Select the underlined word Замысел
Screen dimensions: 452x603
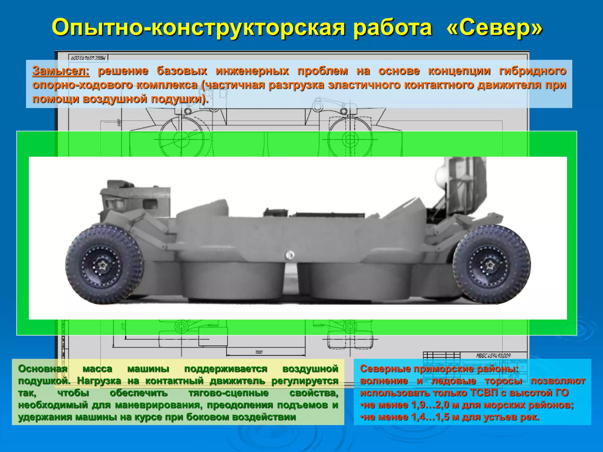click(x=61, y=71)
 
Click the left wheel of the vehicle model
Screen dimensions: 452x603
click(x=104, y=265)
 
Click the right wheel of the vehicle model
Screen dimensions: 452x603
click(x=491, y=265)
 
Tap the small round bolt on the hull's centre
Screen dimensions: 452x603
click(x=290, y=255)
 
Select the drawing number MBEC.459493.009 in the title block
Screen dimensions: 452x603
click(x=493, y=356)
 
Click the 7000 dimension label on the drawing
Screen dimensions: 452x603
click(x=259, y=352)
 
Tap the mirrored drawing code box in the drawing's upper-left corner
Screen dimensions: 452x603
click(x=88, y=58)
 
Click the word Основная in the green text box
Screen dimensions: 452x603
click(x=43, y=369)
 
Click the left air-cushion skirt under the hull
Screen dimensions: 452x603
click(x=233, y=280)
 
